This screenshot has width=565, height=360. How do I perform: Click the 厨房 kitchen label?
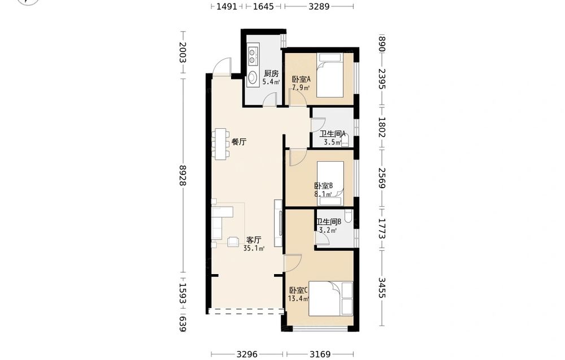(x=271, y=73)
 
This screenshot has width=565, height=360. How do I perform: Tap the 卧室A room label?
(x=301, y=79)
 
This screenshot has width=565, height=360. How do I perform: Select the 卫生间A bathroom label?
(x=333, y=134)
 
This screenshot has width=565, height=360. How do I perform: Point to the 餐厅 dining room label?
(x=238, y=142)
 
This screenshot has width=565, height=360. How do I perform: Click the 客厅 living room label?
(x=254, y=240)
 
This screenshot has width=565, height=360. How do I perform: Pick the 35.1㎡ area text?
(x=254, y=248)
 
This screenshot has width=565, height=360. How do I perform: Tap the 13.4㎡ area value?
(x=299, y=298)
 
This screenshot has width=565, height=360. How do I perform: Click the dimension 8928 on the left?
(x=182, y=176)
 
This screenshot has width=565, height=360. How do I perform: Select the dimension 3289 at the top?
(x=319, y=6)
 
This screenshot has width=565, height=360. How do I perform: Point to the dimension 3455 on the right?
(x=381, y=288)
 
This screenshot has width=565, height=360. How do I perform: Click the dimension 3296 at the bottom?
(x=247, y=354)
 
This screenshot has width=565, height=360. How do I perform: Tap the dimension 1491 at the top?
(x=227, y=6)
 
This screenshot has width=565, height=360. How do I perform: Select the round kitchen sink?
(x=253, y=77)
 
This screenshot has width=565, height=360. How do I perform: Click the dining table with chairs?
(x=220, y=144)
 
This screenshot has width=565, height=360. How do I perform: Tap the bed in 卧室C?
(x=325, y=299)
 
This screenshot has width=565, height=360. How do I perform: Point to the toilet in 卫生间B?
(x=347, y=216)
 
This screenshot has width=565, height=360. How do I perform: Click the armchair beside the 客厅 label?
(x=233, y=241)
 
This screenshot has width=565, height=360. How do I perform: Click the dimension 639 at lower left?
(x=182, y=323)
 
